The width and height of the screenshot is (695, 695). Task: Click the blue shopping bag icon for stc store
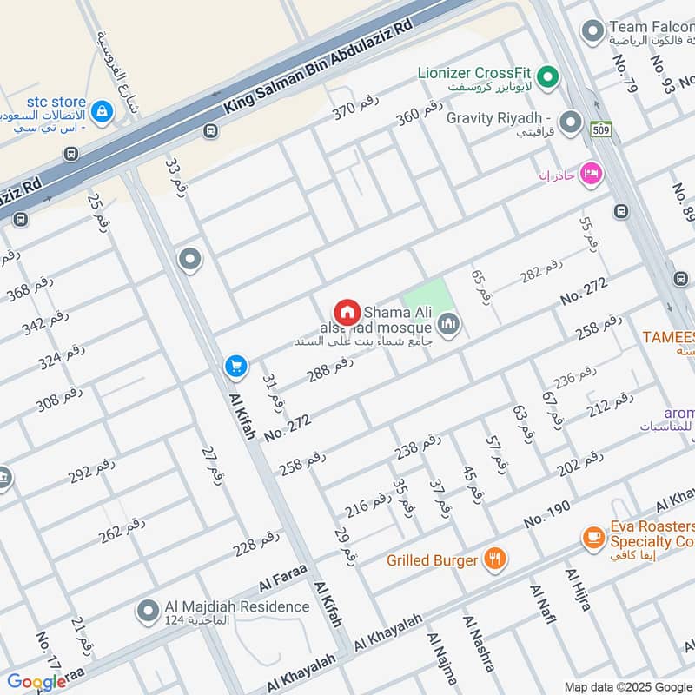pos(103,110)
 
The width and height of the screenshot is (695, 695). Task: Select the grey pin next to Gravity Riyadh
pos(571,122)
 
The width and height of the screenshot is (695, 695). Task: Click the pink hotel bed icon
pos(591,173)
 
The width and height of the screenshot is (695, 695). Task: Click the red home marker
pos(347,312)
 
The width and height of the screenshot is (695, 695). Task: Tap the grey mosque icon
pos(448,326)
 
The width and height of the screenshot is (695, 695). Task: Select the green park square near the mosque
pos(430,300)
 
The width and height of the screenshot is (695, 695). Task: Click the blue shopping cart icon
pos(235,367)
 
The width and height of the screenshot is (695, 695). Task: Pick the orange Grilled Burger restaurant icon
pos(494,559)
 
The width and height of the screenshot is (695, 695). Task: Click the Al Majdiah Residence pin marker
pos(147,612)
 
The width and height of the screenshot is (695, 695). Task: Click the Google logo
pos(36,682)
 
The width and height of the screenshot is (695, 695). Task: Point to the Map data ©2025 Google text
pos(628,686)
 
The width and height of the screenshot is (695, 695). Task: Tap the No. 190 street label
pos(546,514)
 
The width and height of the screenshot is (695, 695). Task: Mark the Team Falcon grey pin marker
pos(592,33)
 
